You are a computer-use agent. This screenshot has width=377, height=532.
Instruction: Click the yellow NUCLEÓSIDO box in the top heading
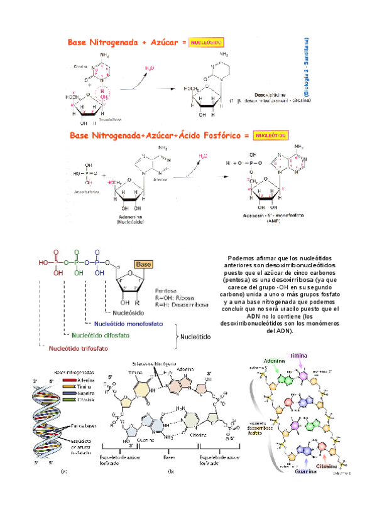[x=207, y=42]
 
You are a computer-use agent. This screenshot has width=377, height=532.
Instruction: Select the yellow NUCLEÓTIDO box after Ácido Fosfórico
[x=271, y=136]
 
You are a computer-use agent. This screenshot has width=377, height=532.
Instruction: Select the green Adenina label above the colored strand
[x=274, y=361]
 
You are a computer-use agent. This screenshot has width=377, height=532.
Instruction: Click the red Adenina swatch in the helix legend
[x=70, y=380]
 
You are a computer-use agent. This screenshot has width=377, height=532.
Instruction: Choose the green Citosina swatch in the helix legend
[x=70, y=398]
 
